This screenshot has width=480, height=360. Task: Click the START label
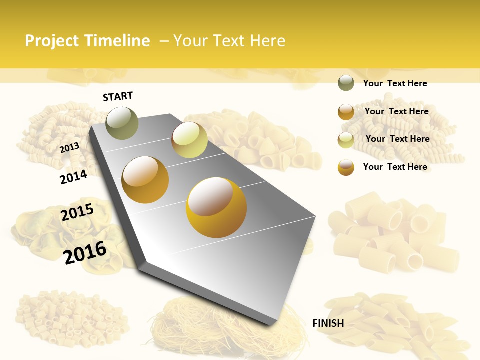coord(118,96)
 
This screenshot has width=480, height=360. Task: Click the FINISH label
coord(328,323)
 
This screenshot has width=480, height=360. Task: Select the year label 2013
coord(69,148)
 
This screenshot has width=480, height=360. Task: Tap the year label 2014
coord(73,177)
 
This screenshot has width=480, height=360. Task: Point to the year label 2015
coord(77,212)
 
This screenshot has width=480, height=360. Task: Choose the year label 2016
coord(85,253)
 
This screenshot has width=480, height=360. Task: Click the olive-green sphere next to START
coord(122,123)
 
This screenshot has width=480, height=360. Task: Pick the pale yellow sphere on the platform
coord(189,140)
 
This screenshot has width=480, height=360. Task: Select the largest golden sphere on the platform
coord(216,207)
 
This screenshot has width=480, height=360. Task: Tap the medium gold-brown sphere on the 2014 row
coord(145,180)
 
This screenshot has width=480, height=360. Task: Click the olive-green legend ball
coord(346,83)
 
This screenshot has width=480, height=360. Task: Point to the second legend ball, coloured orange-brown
coord(346,112)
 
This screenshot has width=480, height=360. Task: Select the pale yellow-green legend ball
coord(346,140)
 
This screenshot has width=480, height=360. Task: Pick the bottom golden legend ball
coord(346,167)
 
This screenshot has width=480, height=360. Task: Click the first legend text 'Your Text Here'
coord(395,83)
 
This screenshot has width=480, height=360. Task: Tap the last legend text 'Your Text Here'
coord(395,167)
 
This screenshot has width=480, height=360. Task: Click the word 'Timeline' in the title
coord(117,41)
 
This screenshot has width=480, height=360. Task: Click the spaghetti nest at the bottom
coord(210,325)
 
